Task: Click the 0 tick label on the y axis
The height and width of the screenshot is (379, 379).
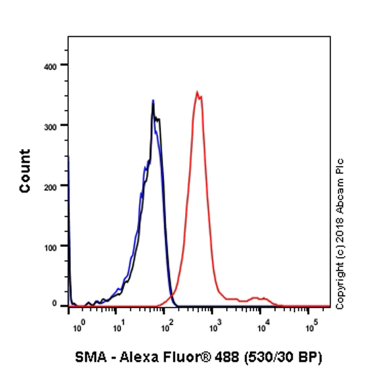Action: (56, 304)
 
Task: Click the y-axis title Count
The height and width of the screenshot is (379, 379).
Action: (25, 171)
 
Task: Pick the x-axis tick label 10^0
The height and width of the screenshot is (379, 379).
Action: (78, 327)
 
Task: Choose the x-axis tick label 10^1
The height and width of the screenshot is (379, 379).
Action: (118, 327)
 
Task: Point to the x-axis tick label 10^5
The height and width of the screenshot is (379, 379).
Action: (311, 327)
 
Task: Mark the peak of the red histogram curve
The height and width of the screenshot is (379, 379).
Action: (198, 92)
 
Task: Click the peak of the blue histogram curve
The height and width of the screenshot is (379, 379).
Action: (153, 100)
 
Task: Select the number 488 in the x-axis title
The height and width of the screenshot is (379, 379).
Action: (239, 358)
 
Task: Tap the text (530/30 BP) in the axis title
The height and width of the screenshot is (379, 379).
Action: (289, 358)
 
